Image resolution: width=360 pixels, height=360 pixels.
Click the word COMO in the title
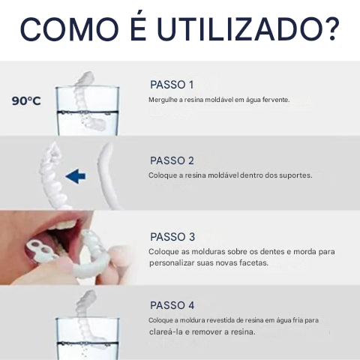tap(70, 29)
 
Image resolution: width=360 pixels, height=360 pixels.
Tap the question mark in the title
tap(332, 29)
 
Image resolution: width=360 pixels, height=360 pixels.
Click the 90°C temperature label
tap(26, 100)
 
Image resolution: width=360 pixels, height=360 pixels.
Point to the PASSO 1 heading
tap(172, 85)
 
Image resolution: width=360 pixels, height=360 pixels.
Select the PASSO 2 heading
tap(172, 160)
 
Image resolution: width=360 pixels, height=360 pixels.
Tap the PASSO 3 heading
tap(172, 237)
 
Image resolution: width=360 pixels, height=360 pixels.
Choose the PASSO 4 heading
tap(172, 305)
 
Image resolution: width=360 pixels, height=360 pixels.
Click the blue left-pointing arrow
tap(76, 176)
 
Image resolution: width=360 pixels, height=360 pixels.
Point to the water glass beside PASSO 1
tap(87, 111)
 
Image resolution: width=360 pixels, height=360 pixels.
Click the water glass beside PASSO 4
tap(87, 339)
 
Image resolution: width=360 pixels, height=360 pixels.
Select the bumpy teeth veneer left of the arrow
tap(53, 175)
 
